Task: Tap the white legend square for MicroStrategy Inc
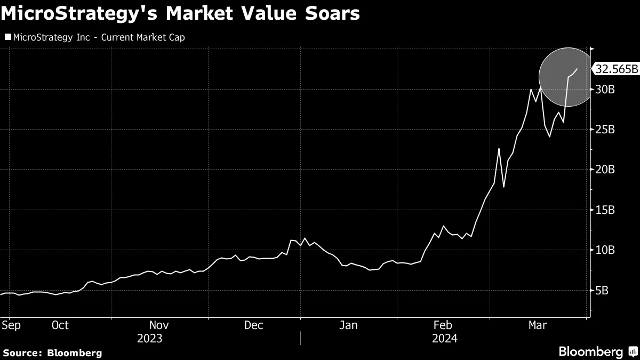7,37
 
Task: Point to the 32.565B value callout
617,69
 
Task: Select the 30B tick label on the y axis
604,89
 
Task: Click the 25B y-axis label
604,130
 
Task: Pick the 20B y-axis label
604,170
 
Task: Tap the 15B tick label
604,210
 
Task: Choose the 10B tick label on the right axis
604,250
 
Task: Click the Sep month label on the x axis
11,325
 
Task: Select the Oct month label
60,325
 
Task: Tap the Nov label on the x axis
159,325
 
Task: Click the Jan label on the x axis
349,325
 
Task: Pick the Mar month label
537,325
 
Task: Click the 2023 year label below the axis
150,339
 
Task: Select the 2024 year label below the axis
444,339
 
